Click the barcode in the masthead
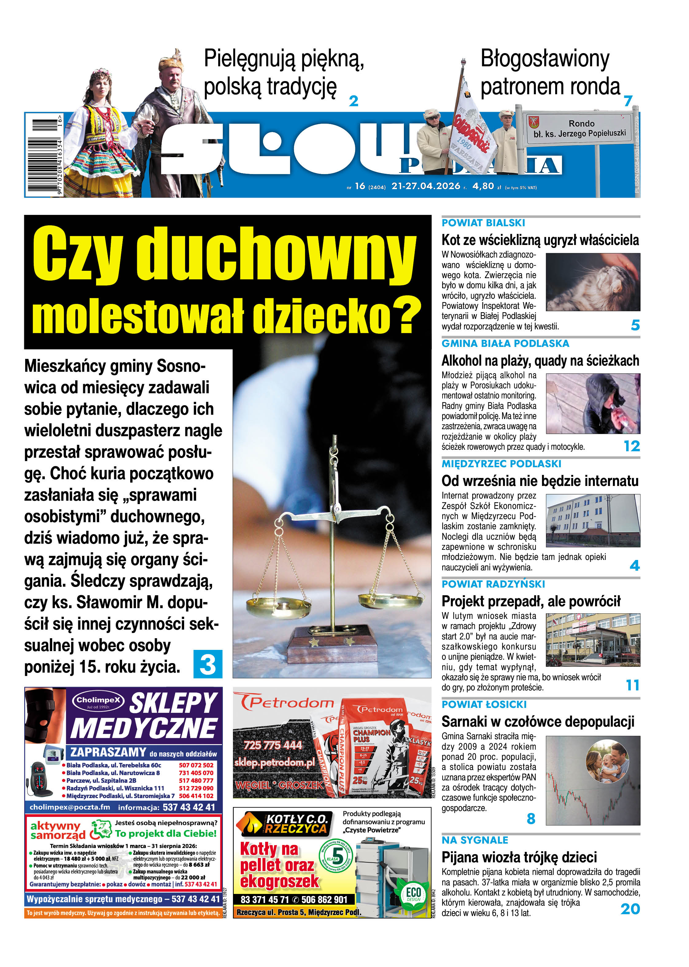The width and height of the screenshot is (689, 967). coord(44,154)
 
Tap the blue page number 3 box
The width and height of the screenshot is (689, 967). coord(207,664)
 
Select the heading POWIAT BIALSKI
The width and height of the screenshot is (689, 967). coord(483,223)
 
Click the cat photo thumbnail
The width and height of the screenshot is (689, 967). coord(593,282)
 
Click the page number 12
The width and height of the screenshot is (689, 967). coord(631,446)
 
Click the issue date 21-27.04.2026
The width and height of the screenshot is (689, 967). coord(426,186)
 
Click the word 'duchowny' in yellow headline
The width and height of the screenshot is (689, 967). coord(276,254)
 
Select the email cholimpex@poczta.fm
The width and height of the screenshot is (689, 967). coord(70,807)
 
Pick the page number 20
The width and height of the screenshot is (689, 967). coord(630,909)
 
